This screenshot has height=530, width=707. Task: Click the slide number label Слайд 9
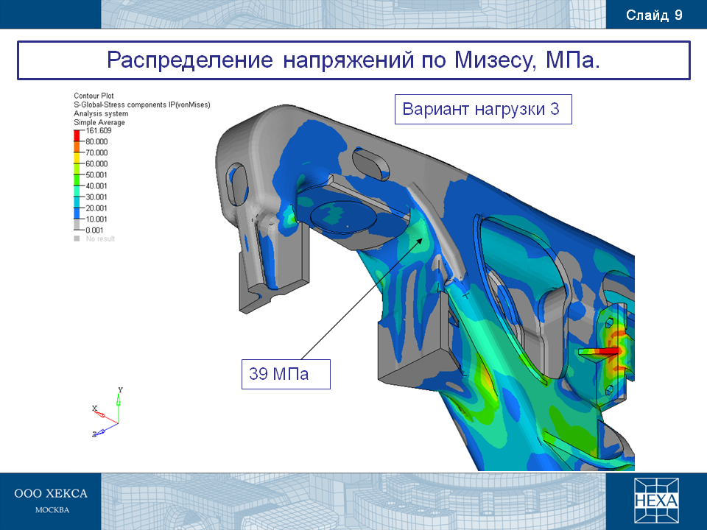[654, 15]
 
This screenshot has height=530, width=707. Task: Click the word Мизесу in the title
[495, 60]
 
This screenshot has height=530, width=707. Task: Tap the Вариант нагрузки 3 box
[483, 109]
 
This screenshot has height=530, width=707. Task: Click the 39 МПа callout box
[286, 374]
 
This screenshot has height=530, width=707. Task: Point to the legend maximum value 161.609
[98, 131]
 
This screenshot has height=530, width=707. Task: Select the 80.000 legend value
[96, 141]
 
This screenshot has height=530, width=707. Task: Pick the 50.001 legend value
[96, 175]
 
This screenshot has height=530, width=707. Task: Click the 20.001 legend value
[96, 208]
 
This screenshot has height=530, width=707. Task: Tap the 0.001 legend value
[95, 230]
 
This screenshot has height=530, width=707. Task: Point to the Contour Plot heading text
[94, 96]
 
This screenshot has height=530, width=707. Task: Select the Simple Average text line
[99, 122]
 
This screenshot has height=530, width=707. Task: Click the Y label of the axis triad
[120, 390]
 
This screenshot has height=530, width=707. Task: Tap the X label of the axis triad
[95, 409]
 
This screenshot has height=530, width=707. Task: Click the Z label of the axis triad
[95, 434]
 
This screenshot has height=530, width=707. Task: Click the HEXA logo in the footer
[656, 501]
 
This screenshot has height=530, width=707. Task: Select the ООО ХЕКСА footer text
[51, 493]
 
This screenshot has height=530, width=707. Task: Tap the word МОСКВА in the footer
[52, 510]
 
